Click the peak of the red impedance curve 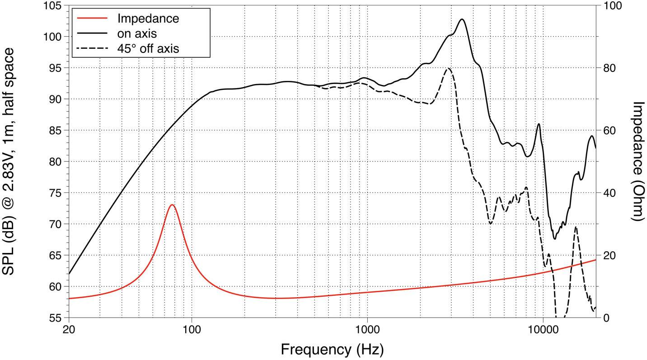172,205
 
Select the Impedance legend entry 148,19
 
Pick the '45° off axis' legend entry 148,48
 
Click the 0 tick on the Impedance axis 605,318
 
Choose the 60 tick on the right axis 609,131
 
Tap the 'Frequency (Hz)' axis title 332,349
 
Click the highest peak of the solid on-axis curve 462,19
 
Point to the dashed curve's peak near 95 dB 448,68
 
